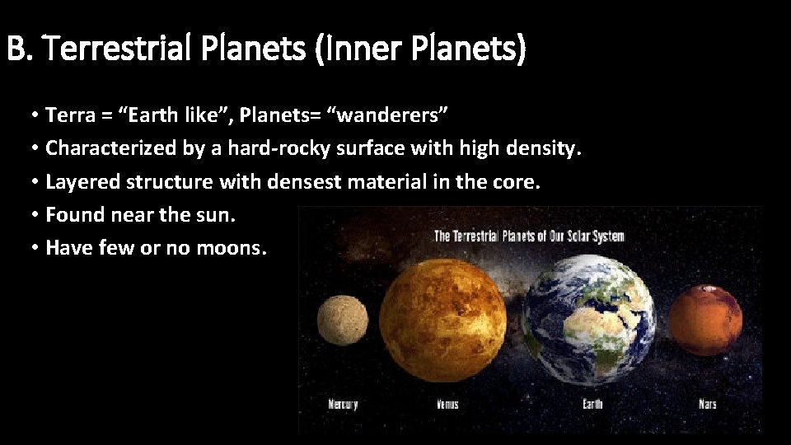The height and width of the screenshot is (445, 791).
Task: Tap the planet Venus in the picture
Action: tap(441, 318)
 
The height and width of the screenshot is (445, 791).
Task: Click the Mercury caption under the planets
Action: tap(344, 404)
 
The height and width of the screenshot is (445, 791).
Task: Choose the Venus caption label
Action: tap(447, 404)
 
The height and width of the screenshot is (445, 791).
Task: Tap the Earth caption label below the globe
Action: tap(592, 404)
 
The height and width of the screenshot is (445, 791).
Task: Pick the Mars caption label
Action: tap(707, 404)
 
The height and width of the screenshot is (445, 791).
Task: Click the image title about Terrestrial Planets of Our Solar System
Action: tap(529, 237)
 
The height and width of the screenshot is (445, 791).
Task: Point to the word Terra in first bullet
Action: tap(70, 115)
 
